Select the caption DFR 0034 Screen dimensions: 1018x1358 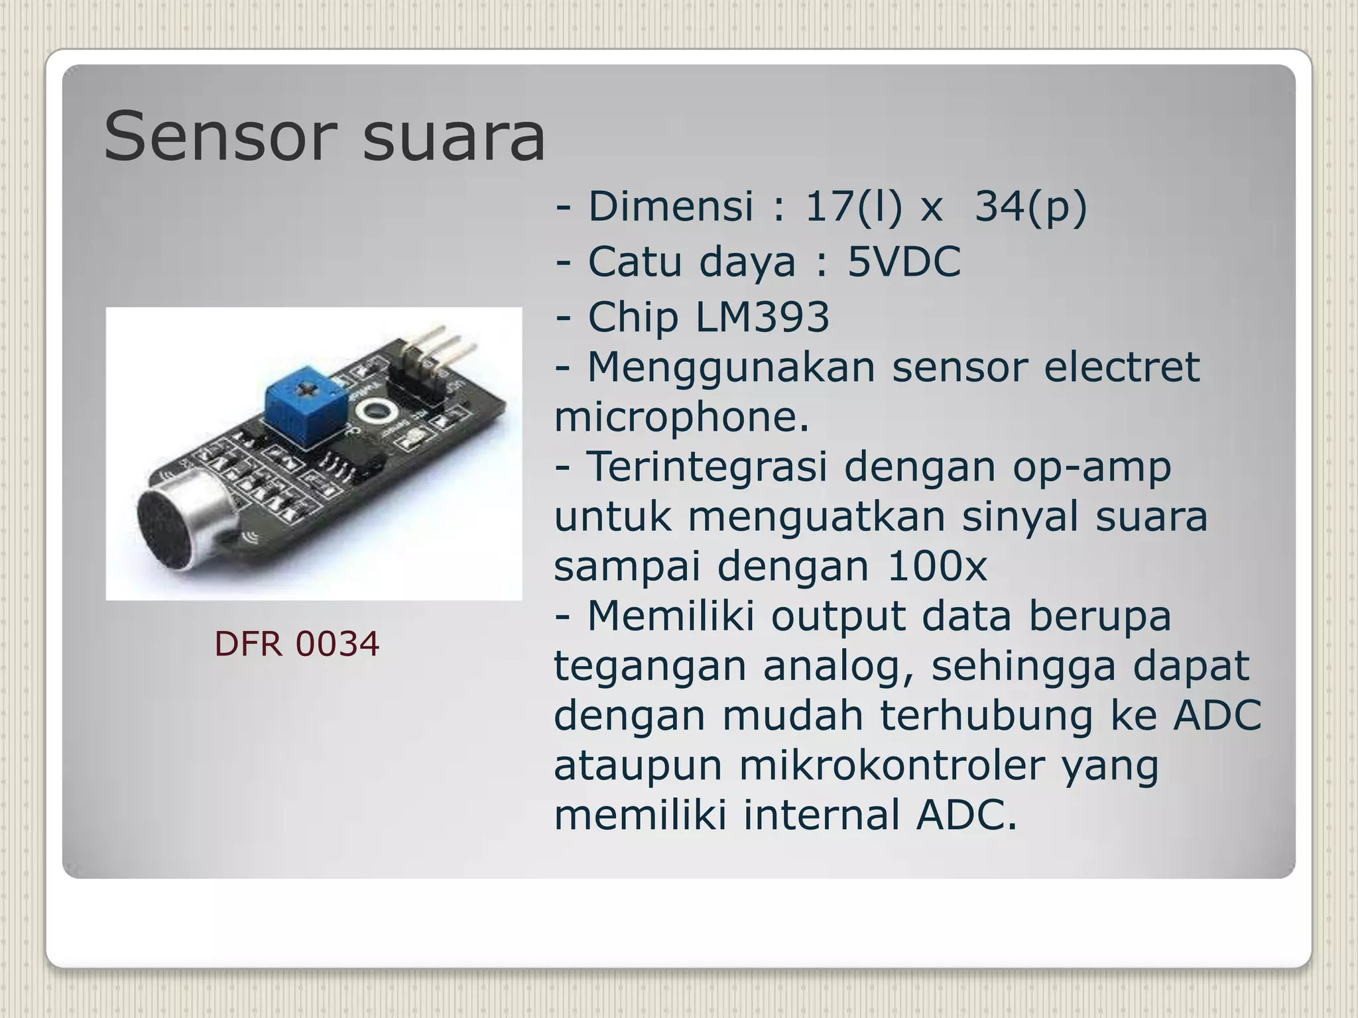(x=296, y=644)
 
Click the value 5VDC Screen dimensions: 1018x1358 (x=904, y=261)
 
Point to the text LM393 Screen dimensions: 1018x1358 (x=762, y=316)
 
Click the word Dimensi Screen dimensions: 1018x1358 (x=670, y=206)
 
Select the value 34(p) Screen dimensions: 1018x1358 (x=1031, y=206)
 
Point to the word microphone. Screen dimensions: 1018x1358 (x=681, y=417)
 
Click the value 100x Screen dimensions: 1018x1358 (x=936, y=566)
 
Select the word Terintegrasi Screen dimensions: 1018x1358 (x=707, y=467)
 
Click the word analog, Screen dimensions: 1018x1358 (x=839, y=665)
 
